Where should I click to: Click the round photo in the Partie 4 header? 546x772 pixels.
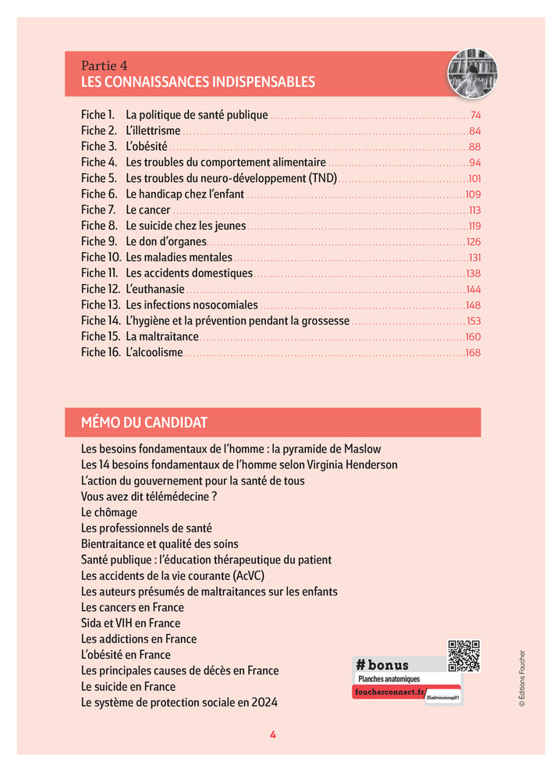point(472,74)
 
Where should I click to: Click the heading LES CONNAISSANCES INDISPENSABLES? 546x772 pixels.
point(198,82)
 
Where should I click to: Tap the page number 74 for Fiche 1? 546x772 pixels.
point(475,116)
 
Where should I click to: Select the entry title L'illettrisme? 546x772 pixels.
point(153,131)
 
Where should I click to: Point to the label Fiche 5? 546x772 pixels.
point(98,179)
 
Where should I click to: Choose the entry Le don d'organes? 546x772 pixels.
point(165,242)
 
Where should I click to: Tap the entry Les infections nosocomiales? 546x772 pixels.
point(191,305)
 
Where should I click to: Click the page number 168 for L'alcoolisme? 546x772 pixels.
point(473,353)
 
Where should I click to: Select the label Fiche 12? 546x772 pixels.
point(100,290)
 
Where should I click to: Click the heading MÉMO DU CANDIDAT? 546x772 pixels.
point(144,422)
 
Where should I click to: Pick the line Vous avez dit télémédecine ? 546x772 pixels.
point(148,496)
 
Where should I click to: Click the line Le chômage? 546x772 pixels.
point(109,513)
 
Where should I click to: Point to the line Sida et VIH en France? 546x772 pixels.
point(130,623)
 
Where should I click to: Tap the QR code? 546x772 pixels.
point(463,656)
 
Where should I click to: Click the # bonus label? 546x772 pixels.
point(382,665)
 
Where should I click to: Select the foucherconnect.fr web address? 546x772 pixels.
point(388,693)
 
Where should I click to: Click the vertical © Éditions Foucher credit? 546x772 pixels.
point(523,679)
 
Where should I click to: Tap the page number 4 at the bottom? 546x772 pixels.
point(272,735)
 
